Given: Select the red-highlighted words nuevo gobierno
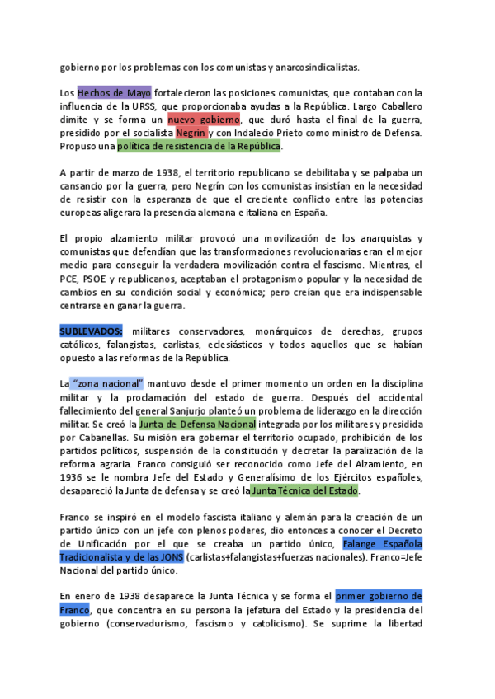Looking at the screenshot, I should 203,120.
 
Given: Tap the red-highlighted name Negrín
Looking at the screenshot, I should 191,133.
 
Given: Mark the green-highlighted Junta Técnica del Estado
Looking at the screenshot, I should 304,490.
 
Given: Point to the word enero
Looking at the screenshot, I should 85,595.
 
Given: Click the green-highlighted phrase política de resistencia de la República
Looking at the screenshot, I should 199,146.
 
